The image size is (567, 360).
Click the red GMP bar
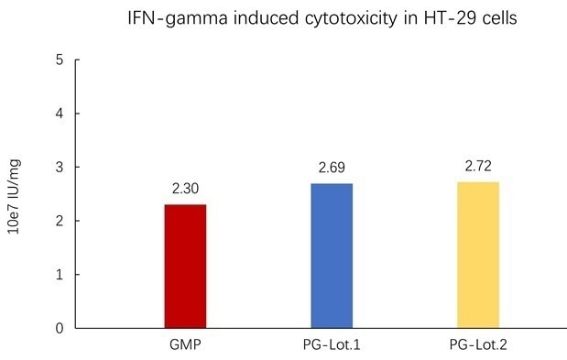coord(185,266)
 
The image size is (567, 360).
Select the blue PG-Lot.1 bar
coord(332,256)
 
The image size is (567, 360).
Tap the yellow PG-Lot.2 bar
coord(478,255)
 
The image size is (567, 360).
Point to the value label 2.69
coord(332,169)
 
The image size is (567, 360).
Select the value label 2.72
coord(478,168)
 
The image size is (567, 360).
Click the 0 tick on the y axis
coord(59,328)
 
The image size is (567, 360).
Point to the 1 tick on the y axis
coord(59,275)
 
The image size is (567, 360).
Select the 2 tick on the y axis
coord(59,221)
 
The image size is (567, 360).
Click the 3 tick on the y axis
coord(59,168)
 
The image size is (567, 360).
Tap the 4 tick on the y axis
coord(59,114)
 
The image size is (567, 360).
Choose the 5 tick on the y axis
coord(59,60)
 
